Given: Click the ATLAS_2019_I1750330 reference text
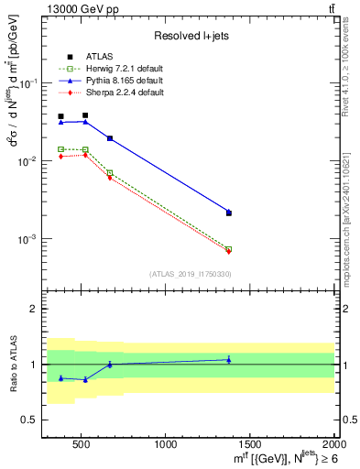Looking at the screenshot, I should [191, 274].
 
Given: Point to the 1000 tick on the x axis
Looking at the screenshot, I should [167, 444].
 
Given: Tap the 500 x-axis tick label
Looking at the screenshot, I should [82, 444].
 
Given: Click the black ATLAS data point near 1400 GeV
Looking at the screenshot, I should [229, 213].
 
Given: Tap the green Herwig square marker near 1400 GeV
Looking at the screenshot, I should [229, 249].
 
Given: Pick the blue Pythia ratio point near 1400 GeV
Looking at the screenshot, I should [229, 360].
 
